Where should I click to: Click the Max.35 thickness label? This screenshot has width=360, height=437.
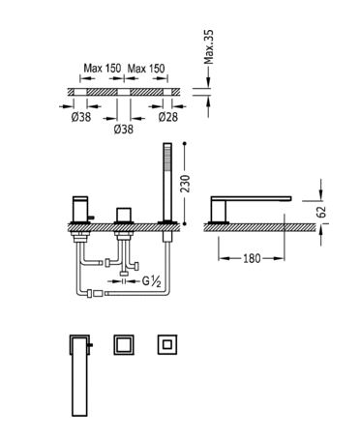click(210, 47)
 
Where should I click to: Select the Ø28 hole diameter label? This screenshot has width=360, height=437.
click(168, 117)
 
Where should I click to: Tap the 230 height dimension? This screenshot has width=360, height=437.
click(185, 184)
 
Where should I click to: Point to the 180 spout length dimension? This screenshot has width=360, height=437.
click(252, 258)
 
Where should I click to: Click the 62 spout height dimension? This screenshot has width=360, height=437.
click(322, 212)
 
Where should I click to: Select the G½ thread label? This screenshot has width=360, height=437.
click(152, 281)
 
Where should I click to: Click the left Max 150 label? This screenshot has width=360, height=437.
click(103, 68)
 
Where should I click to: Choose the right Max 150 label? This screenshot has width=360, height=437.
click(146, 68)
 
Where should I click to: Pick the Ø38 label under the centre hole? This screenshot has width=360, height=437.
click(124, 130)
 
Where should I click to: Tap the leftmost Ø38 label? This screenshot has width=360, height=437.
click(81, 117)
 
